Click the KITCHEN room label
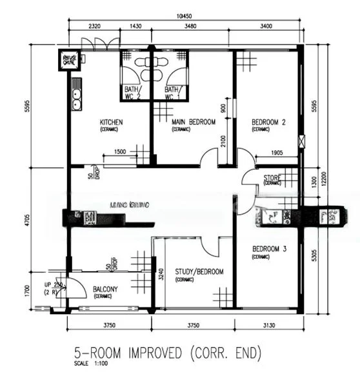pyautogui.click(x=111, y=122)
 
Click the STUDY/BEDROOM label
pyautogui.click(x=199, y=272)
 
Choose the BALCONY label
pyautogui.click(x=105, y=290)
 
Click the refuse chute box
pyautogui.click(x=69, y=61)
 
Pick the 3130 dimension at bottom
pyautogui.click(x=268, y=325)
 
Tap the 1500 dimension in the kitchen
pyautogui.click(x=119, y=152)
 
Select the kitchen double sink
pyautogui.click(x=77, y=97)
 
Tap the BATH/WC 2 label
pyautogui.click(x=133, y=92)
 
